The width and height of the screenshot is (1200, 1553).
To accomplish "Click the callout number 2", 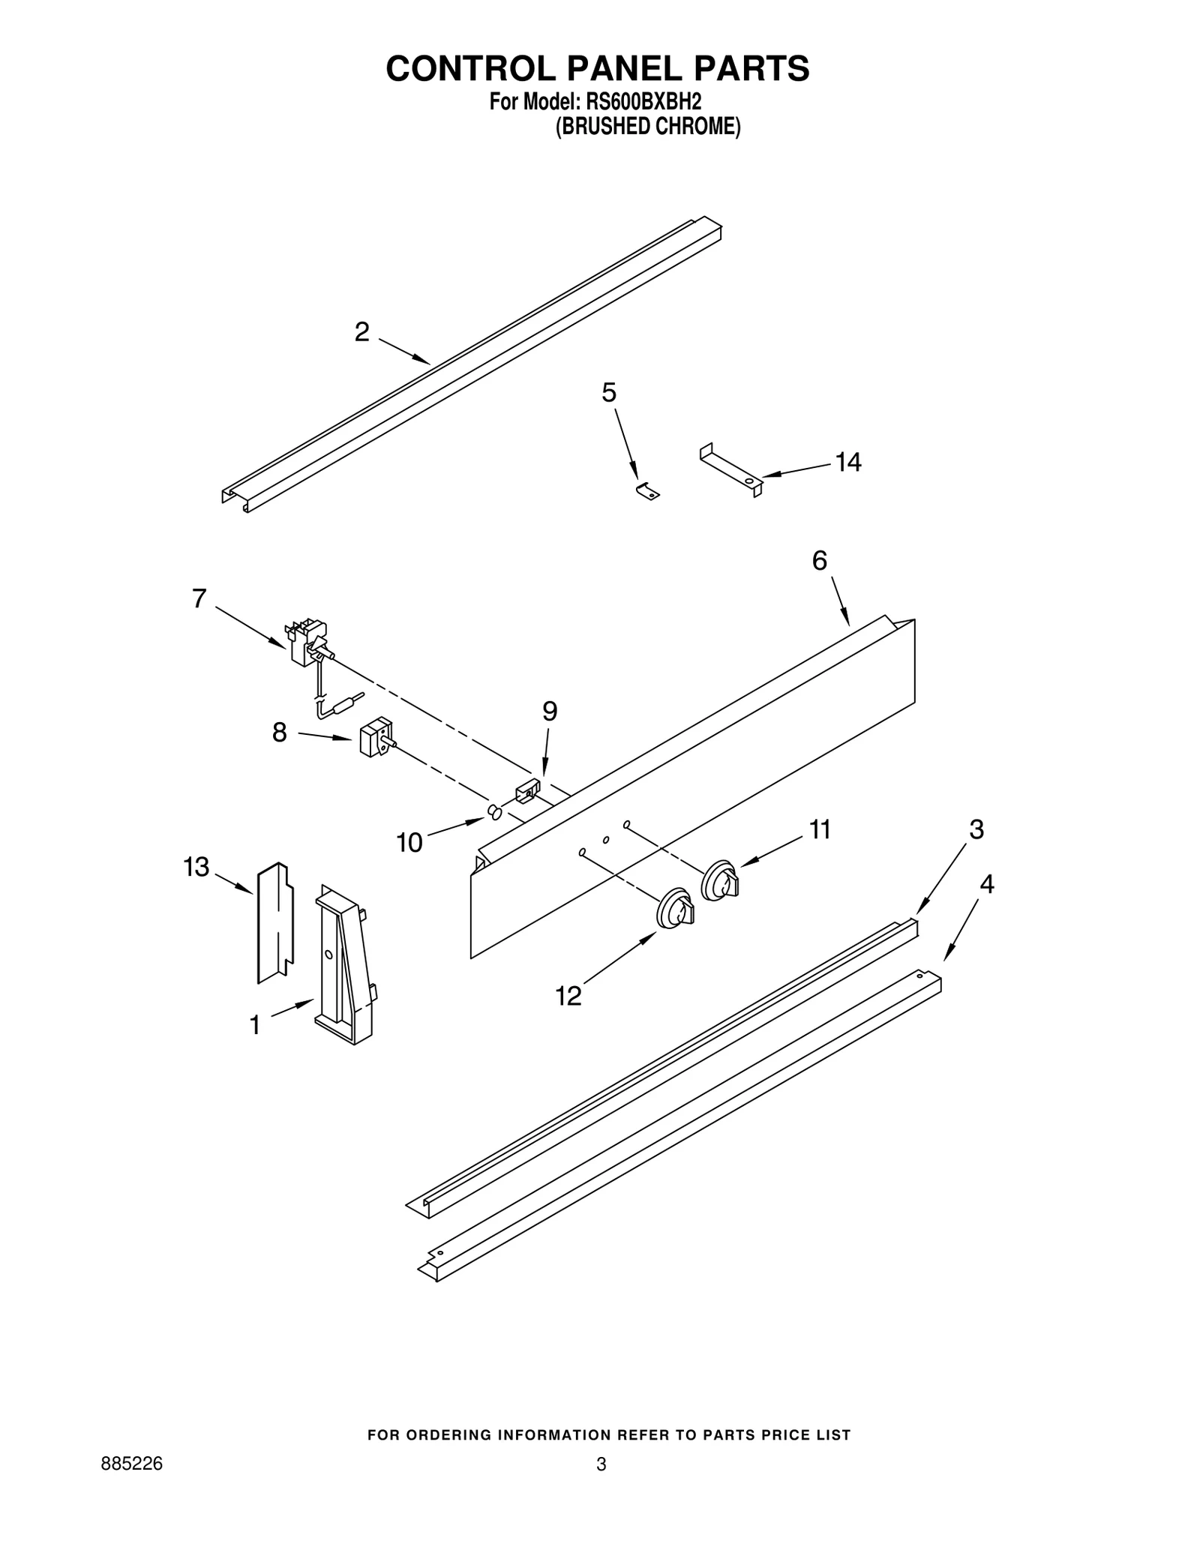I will click(362, 331).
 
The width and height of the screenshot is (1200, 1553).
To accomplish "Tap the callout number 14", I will click(848, 463).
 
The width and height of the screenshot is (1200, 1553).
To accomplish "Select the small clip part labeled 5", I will click(647, 491).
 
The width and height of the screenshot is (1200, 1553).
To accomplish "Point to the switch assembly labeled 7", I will click(308, 642).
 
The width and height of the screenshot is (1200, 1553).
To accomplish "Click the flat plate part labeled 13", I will click(274, 922).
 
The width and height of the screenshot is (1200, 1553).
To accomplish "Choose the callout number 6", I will click(820, 560).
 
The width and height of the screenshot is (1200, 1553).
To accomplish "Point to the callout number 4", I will click(987, 885).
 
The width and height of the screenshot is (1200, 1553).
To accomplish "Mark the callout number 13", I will click(196, 868).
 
